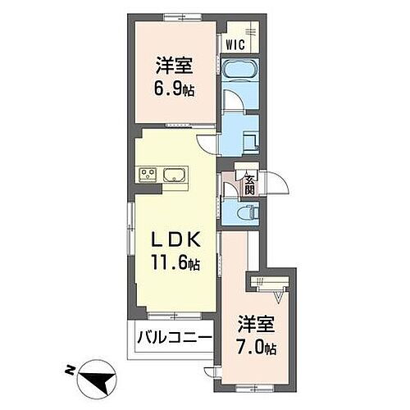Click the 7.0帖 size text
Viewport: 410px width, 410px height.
click(x=257, y=345)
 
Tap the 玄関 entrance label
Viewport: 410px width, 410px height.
click(x=248, y=187)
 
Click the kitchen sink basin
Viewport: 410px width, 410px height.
click(x=174, y=174)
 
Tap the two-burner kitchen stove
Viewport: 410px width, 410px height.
click(x=148, y=174)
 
